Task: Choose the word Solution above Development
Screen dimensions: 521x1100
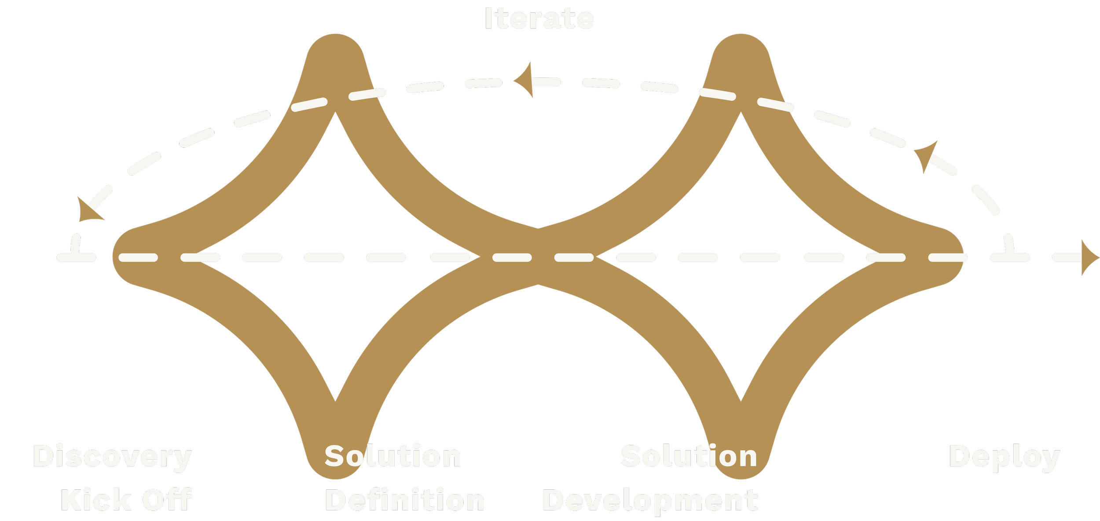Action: [x=689, y=456]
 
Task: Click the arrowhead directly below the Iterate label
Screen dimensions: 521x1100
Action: [x=524, y=80]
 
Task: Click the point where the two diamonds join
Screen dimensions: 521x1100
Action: [x=538, y=257]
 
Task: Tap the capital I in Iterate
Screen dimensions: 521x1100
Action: [x=488, y=18]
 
